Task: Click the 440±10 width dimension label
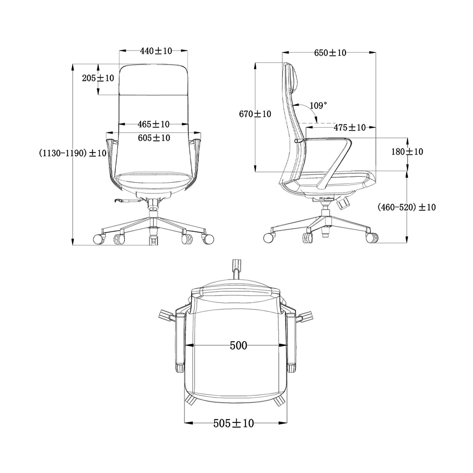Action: pos(156,51)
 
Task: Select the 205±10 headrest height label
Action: pos(98,78)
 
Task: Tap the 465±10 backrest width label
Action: pos(154,124)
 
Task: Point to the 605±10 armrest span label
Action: pos(154,138)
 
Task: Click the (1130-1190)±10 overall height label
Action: pos(73,153)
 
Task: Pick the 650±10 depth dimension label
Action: pos(330,53)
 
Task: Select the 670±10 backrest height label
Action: pos(255,114)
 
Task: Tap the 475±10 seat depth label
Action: pos(349,127)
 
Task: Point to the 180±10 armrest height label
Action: pos(407,152)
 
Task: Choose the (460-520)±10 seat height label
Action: pos(406,207)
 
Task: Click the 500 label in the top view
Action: pos(238,346)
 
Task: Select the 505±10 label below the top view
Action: pos(233,423)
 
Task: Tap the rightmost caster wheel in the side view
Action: pos(372,237)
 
